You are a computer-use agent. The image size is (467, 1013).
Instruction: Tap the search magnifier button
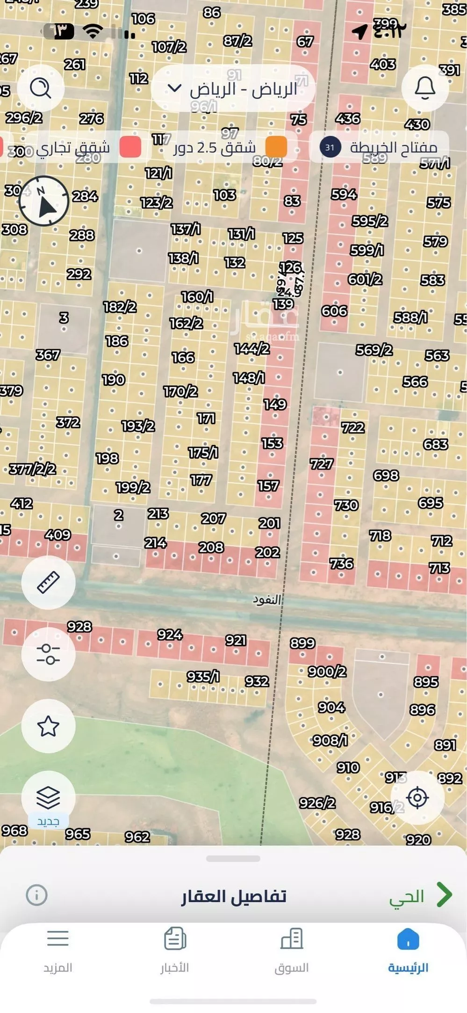(x=41, y=88)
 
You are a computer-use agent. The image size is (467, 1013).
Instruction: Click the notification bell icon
(x=425, y=88)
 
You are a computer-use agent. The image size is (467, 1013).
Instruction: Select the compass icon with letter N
(x=44, y=201)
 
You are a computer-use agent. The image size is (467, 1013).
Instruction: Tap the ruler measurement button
(x=48, y=582)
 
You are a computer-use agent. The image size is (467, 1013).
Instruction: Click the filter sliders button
(x=48, y=654)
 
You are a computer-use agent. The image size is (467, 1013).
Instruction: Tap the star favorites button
(x=48, y=726)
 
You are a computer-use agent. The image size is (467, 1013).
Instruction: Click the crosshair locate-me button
(x=417, y=797)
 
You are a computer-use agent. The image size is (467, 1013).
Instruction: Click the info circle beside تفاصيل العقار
(x=36, y=895)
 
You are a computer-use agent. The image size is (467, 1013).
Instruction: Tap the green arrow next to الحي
(x=444, y=895)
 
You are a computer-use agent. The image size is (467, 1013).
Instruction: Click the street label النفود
(x=266, y=599)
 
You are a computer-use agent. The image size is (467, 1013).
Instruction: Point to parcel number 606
(x=334, y=311)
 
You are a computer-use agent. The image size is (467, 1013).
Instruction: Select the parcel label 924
(x=170, y=635)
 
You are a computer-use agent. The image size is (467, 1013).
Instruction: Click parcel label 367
(x=48, y=355)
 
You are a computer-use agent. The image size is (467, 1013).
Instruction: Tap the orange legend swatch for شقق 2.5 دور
(x=276, y=147)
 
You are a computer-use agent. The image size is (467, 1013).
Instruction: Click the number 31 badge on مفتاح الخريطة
(x=330, y=148)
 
